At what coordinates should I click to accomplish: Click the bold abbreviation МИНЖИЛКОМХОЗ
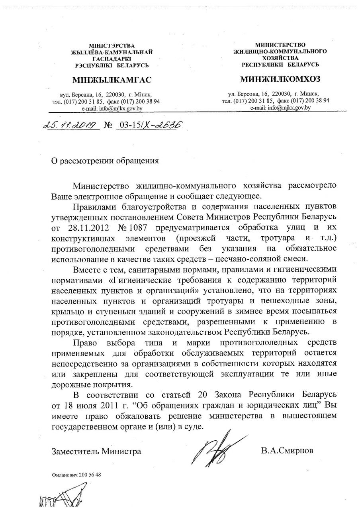(x=280, y=79)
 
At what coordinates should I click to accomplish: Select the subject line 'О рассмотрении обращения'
(x=106, y=161)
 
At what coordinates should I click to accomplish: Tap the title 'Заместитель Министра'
(x=96, y=451)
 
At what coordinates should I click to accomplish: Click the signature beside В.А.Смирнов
(x=217, y=448)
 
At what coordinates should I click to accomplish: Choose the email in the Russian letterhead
(x=280, y=108)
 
